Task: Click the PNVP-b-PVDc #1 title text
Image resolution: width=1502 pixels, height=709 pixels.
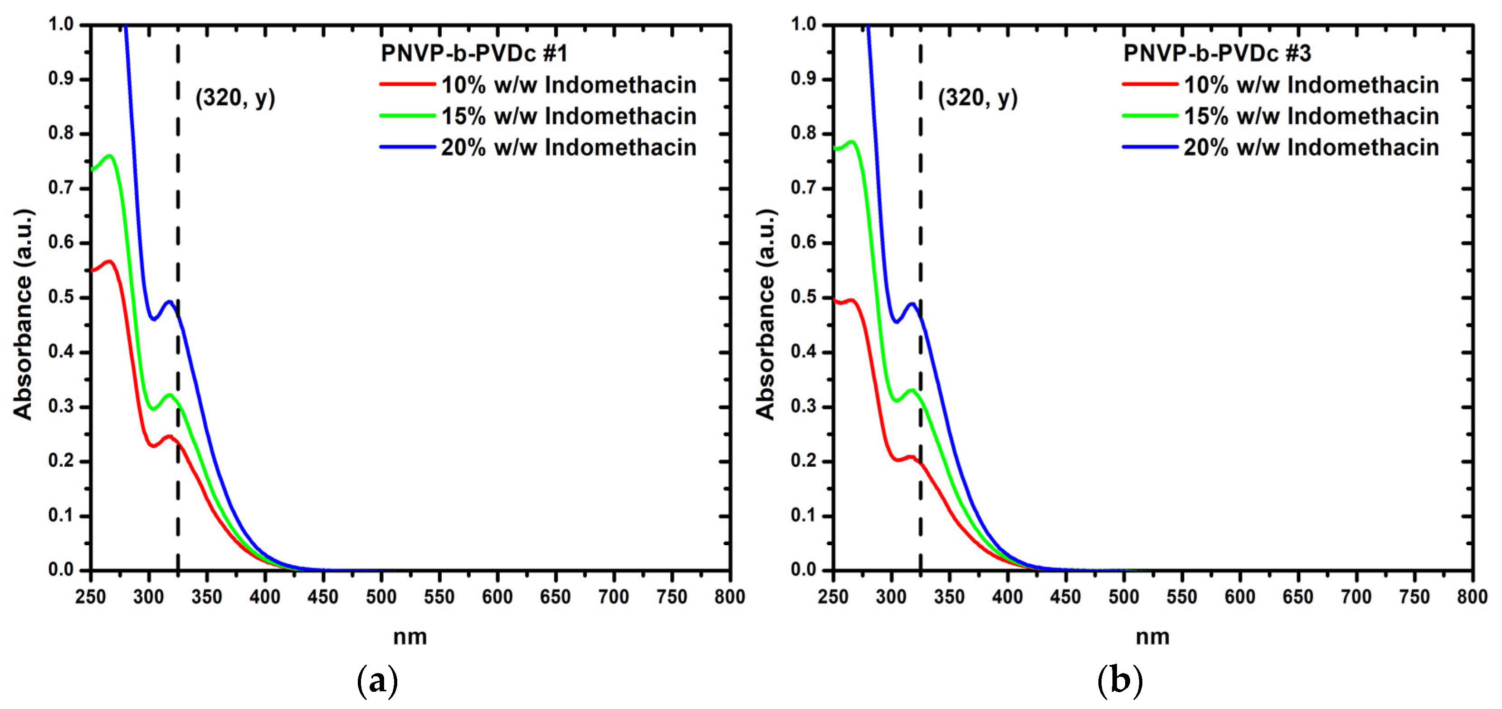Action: pos(473,53)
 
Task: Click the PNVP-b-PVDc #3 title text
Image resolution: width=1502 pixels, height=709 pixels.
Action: pos(1217,53)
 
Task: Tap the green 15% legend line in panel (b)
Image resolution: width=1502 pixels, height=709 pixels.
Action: pos(1150,116)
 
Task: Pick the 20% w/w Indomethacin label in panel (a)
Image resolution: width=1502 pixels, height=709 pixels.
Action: pos(569,147)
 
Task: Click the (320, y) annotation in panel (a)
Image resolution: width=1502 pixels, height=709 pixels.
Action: pos(235,98)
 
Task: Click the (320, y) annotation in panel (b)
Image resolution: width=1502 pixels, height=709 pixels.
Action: pos(978,98)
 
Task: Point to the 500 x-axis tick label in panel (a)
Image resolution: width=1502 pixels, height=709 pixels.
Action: pos(381,597)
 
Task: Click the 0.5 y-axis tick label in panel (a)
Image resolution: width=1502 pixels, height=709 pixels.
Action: pos(61,298)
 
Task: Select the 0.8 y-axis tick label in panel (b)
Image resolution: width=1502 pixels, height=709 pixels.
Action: pos(804,133)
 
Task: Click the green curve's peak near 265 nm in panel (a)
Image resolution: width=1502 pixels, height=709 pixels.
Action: pos(109,156)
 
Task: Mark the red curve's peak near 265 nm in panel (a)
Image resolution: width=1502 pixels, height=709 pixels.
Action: pos(109,261)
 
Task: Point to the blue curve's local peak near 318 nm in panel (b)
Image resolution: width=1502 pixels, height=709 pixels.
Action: pos(912,304)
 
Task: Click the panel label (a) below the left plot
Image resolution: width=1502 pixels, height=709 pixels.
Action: pos(377,680)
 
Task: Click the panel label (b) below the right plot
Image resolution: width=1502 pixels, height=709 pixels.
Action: pos(1120,680)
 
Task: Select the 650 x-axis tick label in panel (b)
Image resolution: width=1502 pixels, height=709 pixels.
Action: pos(1297,597)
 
